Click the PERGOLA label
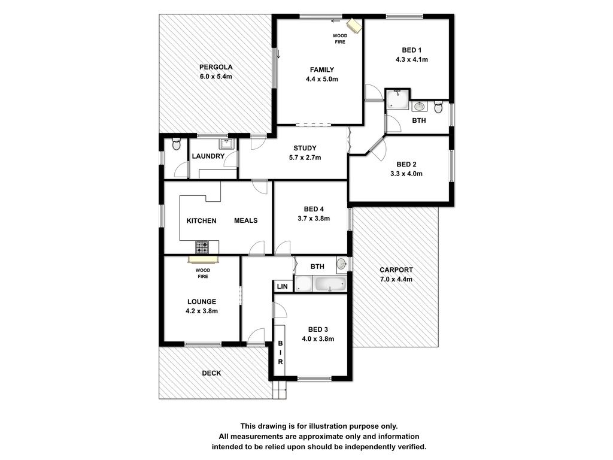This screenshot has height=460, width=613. click(216, 67)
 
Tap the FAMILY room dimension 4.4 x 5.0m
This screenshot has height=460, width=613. click(321, 79)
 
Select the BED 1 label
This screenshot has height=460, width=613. click(412, 50)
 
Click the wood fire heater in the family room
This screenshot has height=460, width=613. click(355, 25)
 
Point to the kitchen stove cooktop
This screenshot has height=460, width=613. click(202, 247)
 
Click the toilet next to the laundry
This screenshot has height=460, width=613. click(177, 144)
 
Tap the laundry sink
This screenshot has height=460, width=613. click(226, 144)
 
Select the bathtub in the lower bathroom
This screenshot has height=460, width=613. click(330, 283)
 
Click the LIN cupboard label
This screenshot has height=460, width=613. click(283, 286)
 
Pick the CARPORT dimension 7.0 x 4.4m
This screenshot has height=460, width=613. click(396, 279)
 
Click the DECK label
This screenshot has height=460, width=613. click(211, 373)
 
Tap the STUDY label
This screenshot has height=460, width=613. click(305, 148)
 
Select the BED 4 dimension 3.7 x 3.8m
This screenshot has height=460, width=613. click(314, 219)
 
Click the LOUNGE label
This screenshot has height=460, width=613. click(202, 302)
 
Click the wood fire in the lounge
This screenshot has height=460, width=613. click(203, 260)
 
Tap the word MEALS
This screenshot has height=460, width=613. click(246, 220)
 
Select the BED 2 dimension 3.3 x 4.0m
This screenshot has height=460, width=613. click(406, 174)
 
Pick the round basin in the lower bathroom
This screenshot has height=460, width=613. click(341, 264)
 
